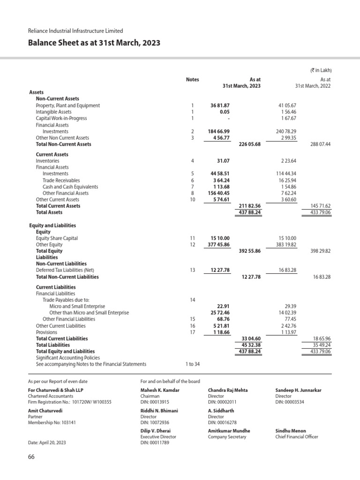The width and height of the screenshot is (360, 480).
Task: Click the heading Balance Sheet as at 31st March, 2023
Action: (94, 43)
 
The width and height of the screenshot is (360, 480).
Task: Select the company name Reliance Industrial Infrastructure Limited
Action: (75, 31)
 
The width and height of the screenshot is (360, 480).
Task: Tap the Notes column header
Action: (192, 80)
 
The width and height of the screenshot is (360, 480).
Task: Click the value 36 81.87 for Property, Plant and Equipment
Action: (220, 105)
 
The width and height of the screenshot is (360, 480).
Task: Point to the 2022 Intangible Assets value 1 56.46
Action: (287, 112)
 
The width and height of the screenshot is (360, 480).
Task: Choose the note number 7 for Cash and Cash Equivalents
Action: (192, 187)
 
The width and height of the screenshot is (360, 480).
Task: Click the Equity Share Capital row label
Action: (57, 238)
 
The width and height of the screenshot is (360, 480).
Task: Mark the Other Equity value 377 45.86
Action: (218, 245)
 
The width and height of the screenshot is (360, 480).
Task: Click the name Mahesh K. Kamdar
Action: (160, 390)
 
